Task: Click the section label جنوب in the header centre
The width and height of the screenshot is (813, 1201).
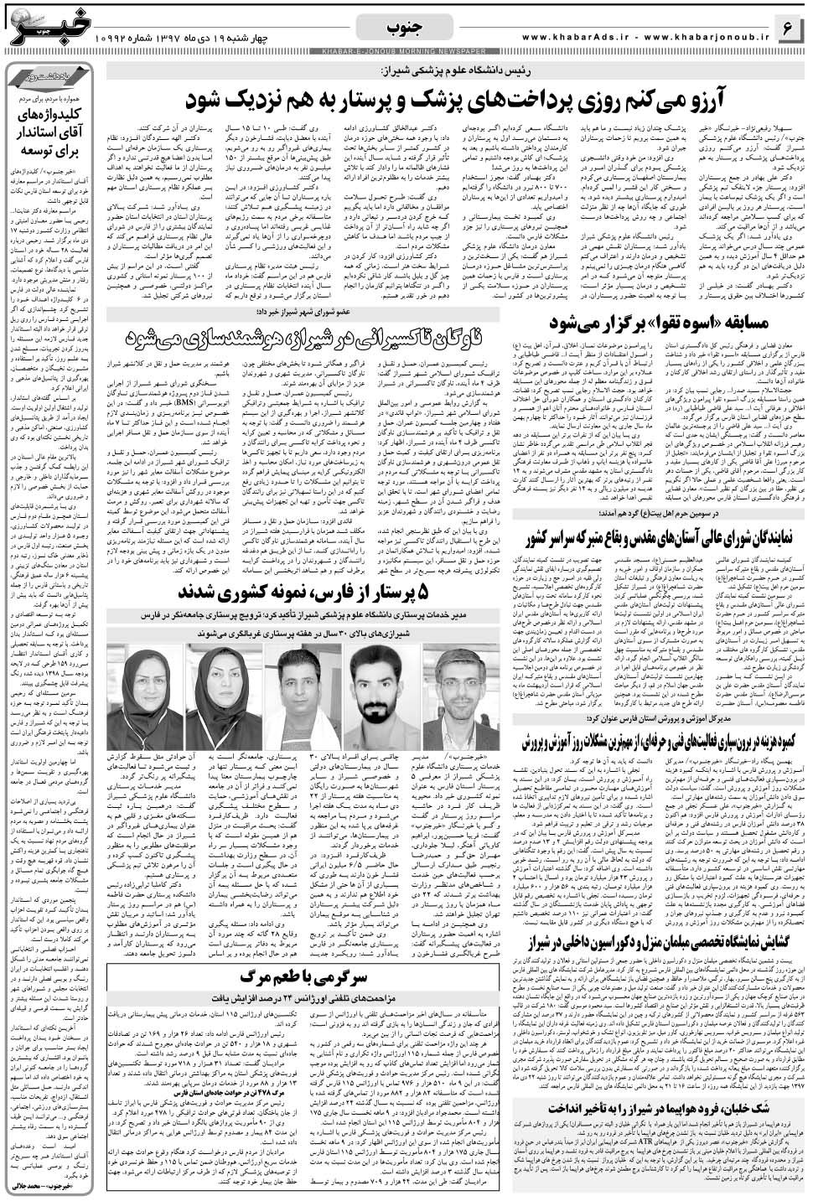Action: point(404,28)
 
